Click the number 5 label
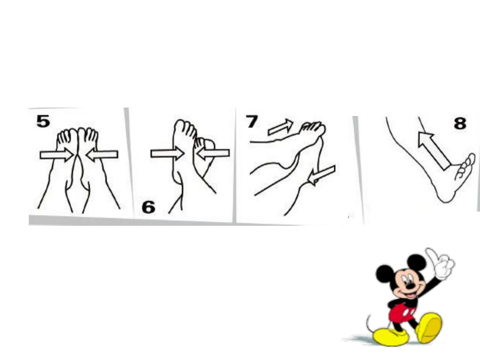[x=43, y=121]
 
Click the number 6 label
[x=149, y=207]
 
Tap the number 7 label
[x=252, y=121]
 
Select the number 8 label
[x=460, y=124]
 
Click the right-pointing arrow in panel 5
[x=56, y=155]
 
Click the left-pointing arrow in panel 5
[x=102, y=155]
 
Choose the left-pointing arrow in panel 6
[x=213, y=153]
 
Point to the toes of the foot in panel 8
[x=465, y=167]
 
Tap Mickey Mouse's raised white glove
[x=441, y=264]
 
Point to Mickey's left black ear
[x=384, y=274]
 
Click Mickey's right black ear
[x=416, y=263]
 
